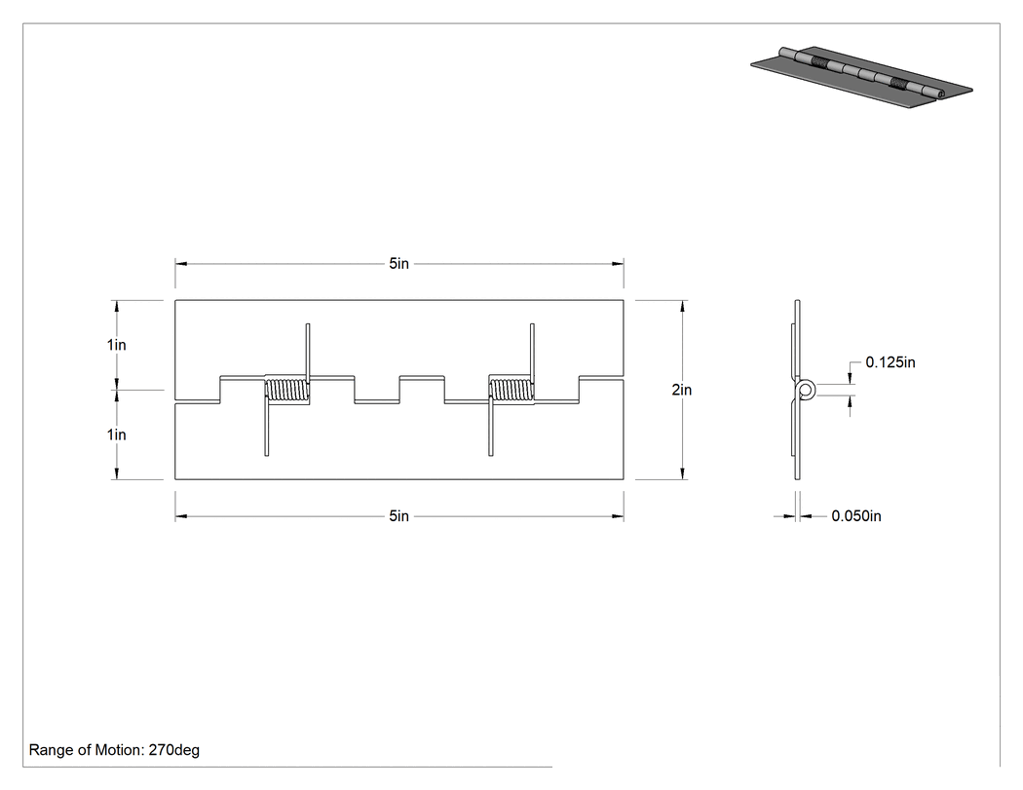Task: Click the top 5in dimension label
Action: point(398,264)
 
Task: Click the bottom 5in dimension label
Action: point(398,516)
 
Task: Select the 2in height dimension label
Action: point(682,390)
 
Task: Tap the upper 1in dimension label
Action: point(117,345)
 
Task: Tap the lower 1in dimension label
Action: point(117,434)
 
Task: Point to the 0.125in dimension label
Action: point(890,362)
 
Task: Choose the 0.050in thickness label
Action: point(856,516)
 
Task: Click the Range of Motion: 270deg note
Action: point(114,750)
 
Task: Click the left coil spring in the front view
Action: point(287,390)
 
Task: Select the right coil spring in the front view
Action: point(511,390)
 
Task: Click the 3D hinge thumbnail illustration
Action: point(861,76)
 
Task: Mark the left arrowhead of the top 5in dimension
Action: point(180,264)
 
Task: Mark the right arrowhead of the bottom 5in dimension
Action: point(618,516)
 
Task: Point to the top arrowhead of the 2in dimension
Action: point(682,306)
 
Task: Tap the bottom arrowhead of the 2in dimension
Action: point(682,473)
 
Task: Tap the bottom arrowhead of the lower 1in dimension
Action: point(117,473)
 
